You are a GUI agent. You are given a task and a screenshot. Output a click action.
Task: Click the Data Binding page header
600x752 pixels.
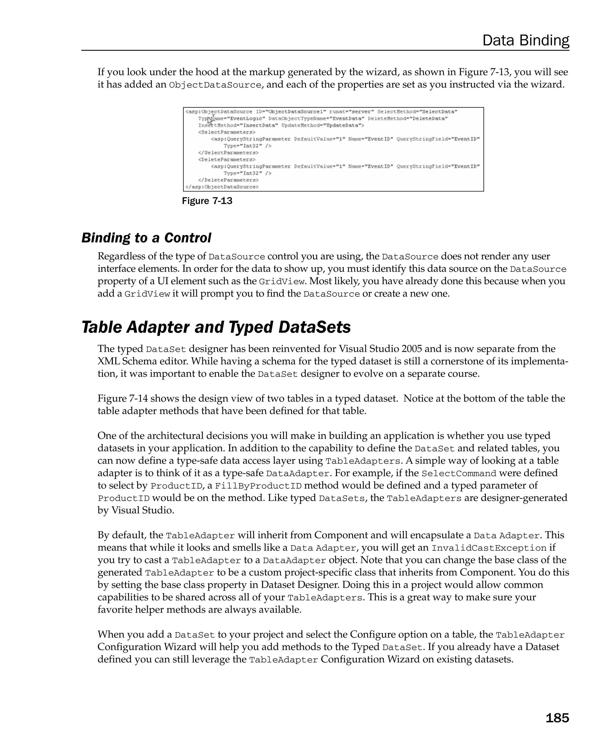coord(525,40)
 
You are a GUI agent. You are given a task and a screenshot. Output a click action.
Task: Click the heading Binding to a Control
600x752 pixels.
coord(146,238)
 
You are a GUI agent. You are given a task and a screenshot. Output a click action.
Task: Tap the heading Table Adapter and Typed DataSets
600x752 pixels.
coord(216,327)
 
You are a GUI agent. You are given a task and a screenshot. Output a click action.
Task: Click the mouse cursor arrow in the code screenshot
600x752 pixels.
coord(210,121)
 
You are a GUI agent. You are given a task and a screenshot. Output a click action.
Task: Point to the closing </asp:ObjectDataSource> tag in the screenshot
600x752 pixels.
coord(222,187)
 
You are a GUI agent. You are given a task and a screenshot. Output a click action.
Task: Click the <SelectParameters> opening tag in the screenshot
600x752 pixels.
coord(226,132)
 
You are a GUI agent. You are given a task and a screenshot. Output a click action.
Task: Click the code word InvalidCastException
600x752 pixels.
coord(489,548)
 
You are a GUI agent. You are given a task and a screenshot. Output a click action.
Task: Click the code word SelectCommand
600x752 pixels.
coord(458,473)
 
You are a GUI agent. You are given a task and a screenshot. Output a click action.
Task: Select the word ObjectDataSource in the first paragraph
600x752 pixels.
coord(215,85)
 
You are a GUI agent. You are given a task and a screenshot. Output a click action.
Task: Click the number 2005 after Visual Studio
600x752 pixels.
coord(413,349)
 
